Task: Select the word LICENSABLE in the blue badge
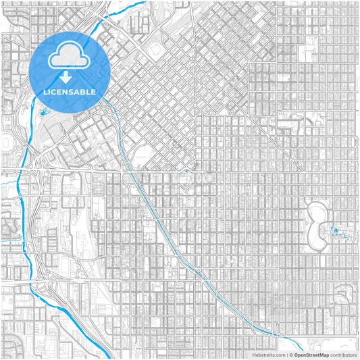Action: (x=70, y=91)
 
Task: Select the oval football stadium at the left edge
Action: (x=7, y=145)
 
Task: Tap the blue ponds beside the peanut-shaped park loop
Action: (x=338, y=233)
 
